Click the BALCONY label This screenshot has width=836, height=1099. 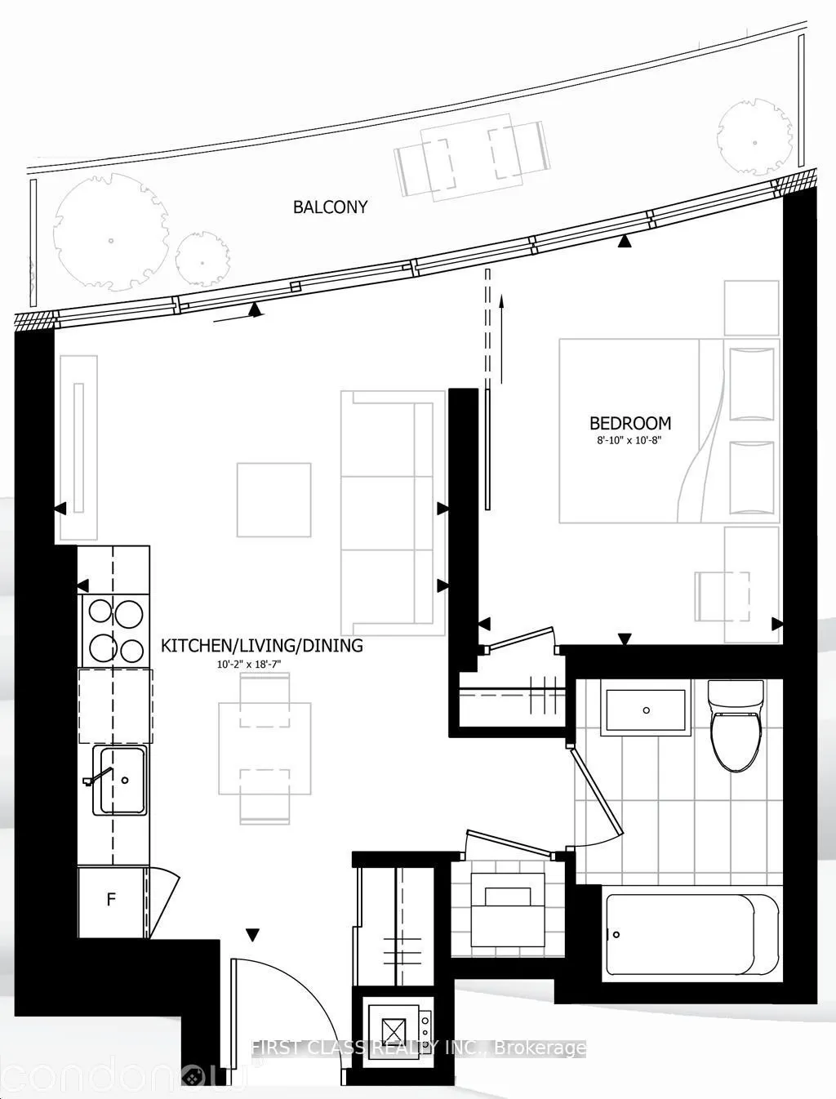[x=330, y=207]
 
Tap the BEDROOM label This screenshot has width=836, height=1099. [x=630, y=423]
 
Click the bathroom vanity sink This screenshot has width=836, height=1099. [x=646, y=710]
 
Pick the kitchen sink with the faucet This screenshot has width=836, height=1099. [x=121, y=780]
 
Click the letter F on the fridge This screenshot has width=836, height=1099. [x=111, y=900]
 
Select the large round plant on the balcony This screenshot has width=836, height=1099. [x=109, y=239]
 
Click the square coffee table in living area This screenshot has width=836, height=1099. [x=273, y=500]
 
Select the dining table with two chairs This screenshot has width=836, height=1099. [x=265, y=749]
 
